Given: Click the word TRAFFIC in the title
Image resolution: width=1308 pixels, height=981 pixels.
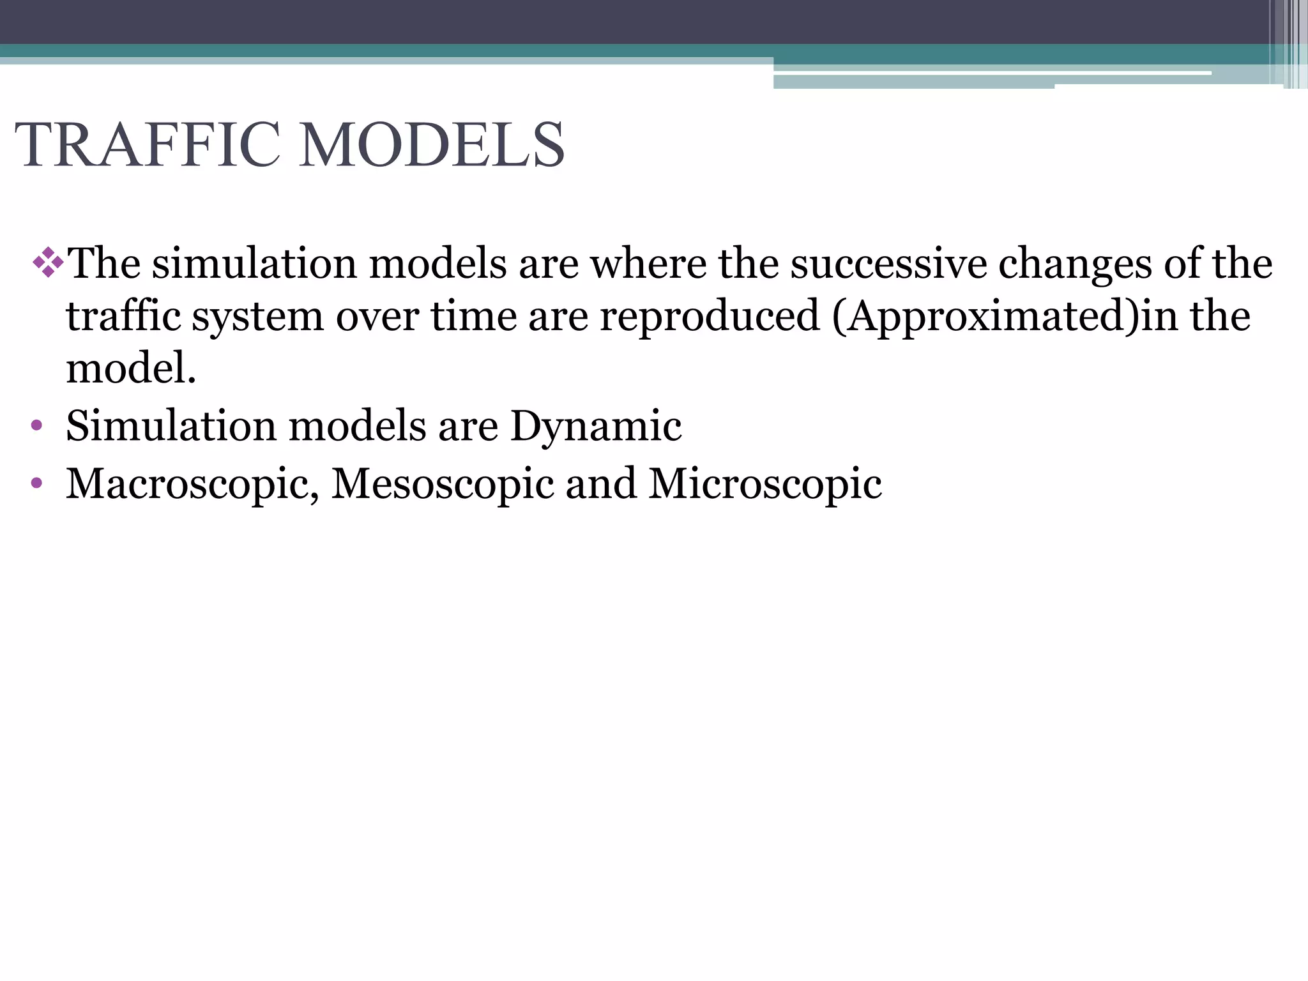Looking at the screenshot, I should tap(148, 146).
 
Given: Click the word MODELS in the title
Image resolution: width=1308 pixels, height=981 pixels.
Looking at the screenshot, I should tap(432, 146).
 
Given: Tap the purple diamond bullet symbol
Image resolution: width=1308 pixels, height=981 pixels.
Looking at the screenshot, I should tap(48, 262).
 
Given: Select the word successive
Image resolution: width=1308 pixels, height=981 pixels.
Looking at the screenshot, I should tap(888, 263).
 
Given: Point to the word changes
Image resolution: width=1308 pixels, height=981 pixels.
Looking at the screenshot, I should tap(1075, 264).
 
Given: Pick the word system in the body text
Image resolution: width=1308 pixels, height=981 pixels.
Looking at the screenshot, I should tap(258, 317).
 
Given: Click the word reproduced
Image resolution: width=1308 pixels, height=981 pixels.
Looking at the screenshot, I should tap(709, 317).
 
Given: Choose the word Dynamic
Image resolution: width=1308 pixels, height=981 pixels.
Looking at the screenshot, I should tap(596, 427).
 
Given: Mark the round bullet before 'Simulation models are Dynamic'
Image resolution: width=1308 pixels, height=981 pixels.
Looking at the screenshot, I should tap(36, 425).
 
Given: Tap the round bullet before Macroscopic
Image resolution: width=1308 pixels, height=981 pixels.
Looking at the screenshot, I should tap(36, 483).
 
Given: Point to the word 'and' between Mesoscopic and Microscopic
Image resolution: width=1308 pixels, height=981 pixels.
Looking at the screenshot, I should tap(601, 483).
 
